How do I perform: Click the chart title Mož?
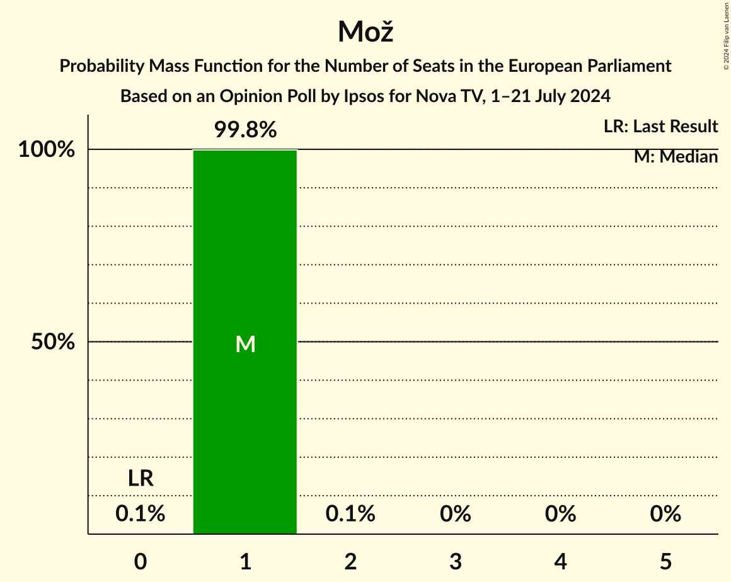(x=365, y=31)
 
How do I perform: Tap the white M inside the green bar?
(x=245, y=344)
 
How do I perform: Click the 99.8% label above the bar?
(x=245, y=130)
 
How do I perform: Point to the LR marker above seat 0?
(x=141, y=479)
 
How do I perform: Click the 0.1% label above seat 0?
(x=141, y=515)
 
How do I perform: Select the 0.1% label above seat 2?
(x=350, y=515)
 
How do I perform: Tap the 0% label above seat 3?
(x=456, y=515)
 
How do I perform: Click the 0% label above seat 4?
(x=561, y=515)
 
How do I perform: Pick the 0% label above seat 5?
(x=665, y=515)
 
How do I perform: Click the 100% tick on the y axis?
(x=47, y=150)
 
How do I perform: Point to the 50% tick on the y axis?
(x=54, y=342)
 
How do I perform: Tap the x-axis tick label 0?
(x=141, y=561)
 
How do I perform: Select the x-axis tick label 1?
(x=245, y=561)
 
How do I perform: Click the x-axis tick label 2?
(x=350, y=561)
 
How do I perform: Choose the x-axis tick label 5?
(x=665, y=561)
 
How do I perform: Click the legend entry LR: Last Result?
(x=660, y=127)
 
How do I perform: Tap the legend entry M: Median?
(x=676, y=157)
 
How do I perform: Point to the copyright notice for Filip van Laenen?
(x=726, y=35)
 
